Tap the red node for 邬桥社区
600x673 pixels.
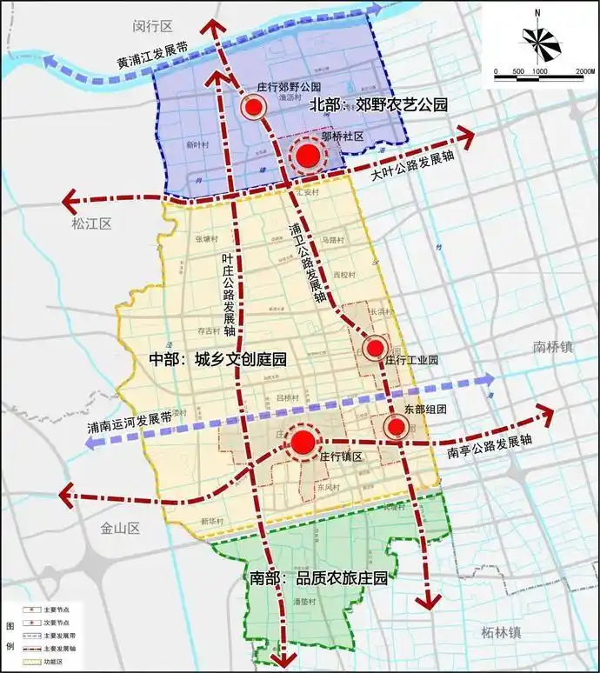306,157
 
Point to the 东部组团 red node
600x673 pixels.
396,426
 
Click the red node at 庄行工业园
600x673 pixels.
374,349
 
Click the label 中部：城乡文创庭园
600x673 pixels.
217,359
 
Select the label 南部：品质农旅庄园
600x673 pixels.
318,578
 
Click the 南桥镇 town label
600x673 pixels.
554,347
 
